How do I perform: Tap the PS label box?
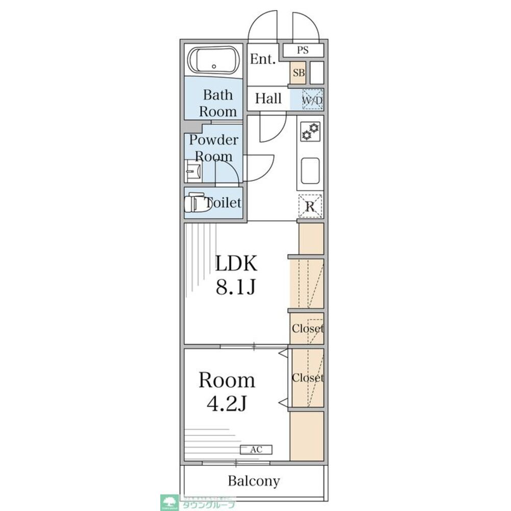pos(303,51)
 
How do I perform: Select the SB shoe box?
pos(299,73)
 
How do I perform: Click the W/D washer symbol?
pos(312,100)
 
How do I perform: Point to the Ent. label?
pos(263,59)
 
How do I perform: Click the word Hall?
pos(269,99)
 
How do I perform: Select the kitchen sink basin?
pos(310,171)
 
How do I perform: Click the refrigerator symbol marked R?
pos(310,206)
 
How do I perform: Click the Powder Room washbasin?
pos(192,171)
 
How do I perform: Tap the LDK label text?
pos(235,264)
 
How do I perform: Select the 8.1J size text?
pos(235,288)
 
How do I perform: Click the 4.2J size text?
pos(227,404)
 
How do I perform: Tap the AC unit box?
pos(256,450)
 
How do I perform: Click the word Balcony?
pos(254,481)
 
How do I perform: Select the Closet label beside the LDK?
pos(307,329)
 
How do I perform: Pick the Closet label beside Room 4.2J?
pos(307,378)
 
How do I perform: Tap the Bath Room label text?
pos(217,103)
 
